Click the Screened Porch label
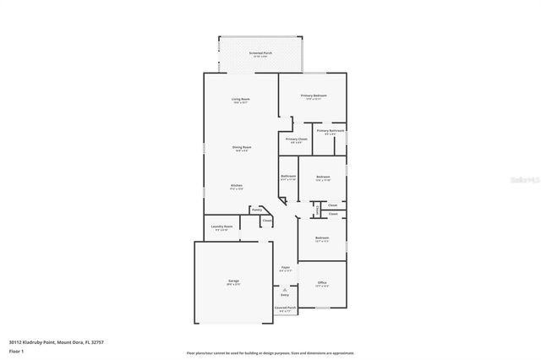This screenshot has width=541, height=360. (x=260, y=53)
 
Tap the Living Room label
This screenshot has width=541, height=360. (x=241, y=100)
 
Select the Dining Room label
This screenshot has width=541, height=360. (x=242, y=148)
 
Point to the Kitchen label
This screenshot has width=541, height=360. (x=238, y=185)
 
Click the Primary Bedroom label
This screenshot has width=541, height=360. (x=314, y=96)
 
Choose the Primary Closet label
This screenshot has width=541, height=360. (x=296, y=139)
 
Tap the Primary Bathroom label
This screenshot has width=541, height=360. (x=331, y=131)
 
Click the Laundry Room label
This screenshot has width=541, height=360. (x=221, y=226)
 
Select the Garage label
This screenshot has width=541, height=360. (x=232, y=281)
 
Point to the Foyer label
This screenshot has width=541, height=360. (x=286, y=268)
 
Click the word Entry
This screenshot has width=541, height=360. (x=285, y=295)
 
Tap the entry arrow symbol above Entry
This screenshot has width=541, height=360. (x=285, y=288)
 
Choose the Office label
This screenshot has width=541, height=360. (x=322, y=282)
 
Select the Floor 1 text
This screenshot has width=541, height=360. (x=16, y=351)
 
